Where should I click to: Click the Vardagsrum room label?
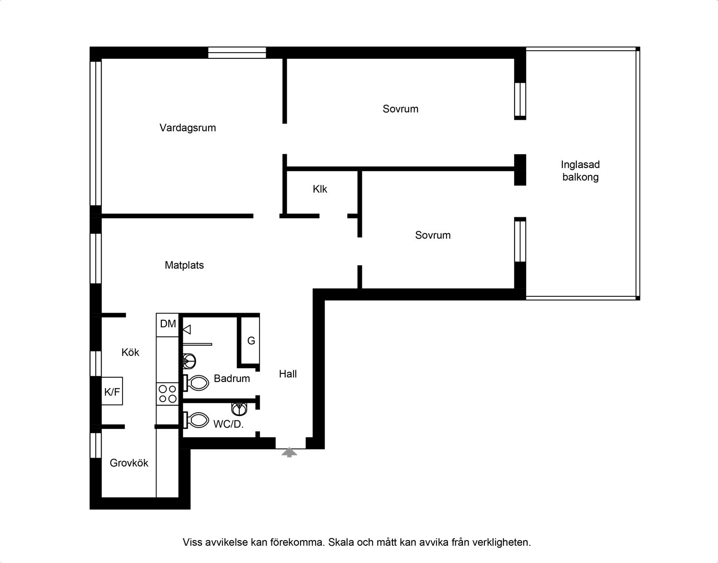(x=188, y=128)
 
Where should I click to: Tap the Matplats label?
(x=184, y=265)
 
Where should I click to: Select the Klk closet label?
(x=320, y=189)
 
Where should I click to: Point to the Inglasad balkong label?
(x=580, y=171)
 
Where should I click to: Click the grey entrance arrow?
(x=289, y=452)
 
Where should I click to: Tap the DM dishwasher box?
(x=168, y=325)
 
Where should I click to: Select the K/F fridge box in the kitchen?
(x=112, y=391)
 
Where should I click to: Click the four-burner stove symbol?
(x=168, y=394)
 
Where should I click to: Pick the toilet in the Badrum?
(x=196, y=383)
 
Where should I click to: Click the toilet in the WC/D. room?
(x=196, y=420)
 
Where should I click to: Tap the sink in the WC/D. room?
(x=239, y=409)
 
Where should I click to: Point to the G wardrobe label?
(x=251, y=341)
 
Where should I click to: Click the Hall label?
(x=288, y=374)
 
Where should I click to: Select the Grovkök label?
(x=129, y=463)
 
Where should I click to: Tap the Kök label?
(x=130, y=352)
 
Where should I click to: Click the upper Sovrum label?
(x=401, y=109)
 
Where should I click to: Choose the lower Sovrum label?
(x=433, y=235)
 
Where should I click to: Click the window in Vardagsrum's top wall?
(x=237, y=53)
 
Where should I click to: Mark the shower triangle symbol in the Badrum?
(x=187, y=329)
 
